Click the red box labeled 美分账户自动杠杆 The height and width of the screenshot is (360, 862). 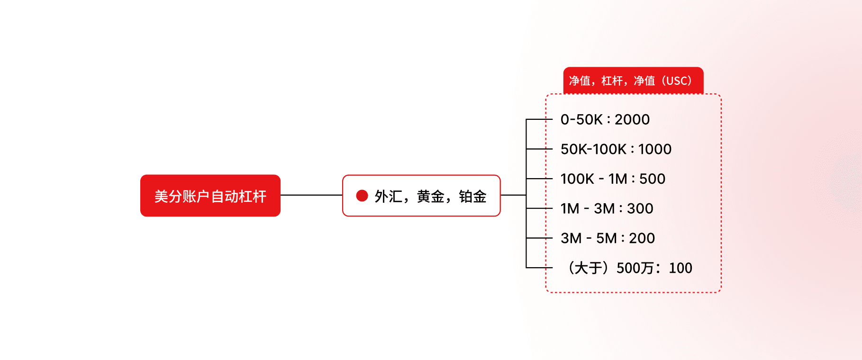[210, 196]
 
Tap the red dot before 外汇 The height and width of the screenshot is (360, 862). [362, 196]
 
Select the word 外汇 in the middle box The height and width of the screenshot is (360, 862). [388, 196]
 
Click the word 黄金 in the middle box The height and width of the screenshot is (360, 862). [430, 196]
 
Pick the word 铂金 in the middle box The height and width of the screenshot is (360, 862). [472, 196]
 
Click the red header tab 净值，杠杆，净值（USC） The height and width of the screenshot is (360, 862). [633, 81]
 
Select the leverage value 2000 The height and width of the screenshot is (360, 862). [632, 119]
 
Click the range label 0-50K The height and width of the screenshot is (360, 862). [581, 119]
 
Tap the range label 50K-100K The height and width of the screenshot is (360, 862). [593, 149]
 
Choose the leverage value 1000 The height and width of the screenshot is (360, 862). [654, 149]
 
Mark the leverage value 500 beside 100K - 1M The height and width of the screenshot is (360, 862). [652, 179]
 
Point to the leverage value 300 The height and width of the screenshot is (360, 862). [640, 208]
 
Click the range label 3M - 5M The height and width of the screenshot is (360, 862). [588, 238]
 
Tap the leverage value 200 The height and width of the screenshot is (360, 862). [642, 238]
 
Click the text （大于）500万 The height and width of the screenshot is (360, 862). [611, 268]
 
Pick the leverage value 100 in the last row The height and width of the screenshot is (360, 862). [681, 268]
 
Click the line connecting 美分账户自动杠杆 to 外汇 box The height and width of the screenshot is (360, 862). [311, 195]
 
